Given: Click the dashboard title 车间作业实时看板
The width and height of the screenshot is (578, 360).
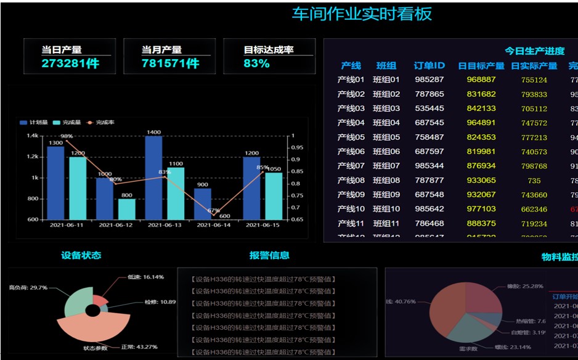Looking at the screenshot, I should tap(362, 14).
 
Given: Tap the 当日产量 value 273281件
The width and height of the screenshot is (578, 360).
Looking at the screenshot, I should tap(70, 63).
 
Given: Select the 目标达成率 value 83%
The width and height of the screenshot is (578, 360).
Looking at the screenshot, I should tap(256, 63).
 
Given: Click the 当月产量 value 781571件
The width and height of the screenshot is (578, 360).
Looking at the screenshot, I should tap(170, 63).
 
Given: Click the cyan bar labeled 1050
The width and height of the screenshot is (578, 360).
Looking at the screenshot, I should tap(274, 195).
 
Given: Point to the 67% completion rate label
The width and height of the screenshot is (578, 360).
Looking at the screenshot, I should tap(214, 211).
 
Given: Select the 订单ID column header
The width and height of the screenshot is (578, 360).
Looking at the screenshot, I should tap(429, 66).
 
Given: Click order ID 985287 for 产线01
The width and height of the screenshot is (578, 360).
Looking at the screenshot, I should tap(429, 80).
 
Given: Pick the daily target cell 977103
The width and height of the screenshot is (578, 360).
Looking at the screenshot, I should tap(481, 209).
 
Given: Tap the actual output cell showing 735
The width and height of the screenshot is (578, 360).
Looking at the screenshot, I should tap(534, 181).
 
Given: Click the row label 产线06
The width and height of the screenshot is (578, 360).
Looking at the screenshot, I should tap(351, 152).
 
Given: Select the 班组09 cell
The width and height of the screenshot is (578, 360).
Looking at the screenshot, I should tap(386, 195).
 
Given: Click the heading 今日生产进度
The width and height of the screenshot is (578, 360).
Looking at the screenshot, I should tap(534, 51).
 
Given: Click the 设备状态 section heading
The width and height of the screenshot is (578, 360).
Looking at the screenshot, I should tap(81, 255).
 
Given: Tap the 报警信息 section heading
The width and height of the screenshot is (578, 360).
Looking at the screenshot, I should tap(269, 255).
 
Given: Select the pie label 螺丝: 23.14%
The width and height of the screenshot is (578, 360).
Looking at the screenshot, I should tap(512, 348).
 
